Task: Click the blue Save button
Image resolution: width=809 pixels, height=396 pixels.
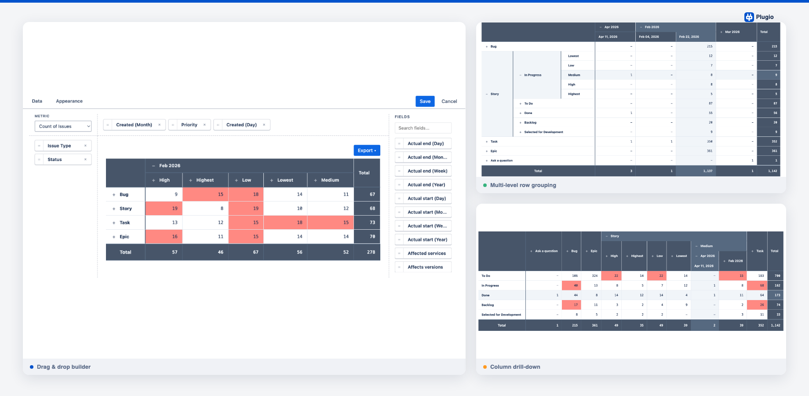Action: click(x=425, y=101)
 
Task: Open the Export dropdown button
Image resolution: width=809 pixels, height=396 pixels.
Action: click(x=367, y=150)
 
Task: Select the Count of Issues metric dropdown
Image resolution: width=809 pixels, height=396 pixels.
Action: click(x=63, y=126)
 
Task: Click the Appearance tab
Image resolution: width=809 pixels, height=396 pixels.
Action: click(x=69, y=101)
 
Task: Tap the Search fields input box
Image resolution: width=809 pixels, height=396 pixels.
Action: click(x=423, y=128)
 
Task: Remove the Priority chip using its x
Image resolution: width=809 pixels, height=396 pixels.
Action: click(x=204, y=125)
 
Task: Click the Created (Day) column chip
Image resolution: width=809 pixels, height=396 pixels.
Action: click(x=241, y=125)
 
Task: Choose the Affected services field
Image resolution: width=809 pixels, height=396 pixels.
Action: click(x=426, y=253)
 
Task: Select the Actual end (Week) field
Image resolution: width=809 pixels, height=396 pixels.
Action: click(x=427, y=171)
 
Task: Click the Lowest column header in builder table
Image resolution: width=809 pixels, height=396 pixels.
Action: click(x=285, y=180)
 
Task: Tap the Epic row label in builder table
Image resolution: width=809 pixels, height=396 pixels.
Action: click(x=124, y=237)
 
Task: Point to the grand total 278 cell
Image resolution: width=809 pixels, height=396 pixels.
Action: click(x=371, y=252)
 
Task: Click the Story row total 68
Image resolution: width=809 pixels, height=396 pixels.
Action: click(x=372, y=209)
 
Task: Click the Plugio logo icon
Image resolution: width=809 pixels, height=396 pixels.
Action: click(x=749, y=17)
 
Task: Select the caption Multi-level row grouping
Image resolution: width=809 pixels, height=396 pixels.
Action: click(x=523, y=185)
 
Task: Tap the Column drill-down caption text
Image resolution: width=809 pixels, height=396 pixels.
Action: click(x=515, y=367)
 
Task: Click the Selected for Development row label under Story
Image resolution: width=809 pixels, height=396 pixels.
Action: click(x=543, y=132)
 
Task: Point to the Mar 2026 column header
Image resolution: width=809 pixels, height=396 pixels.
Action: click(x=732, y=32)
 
